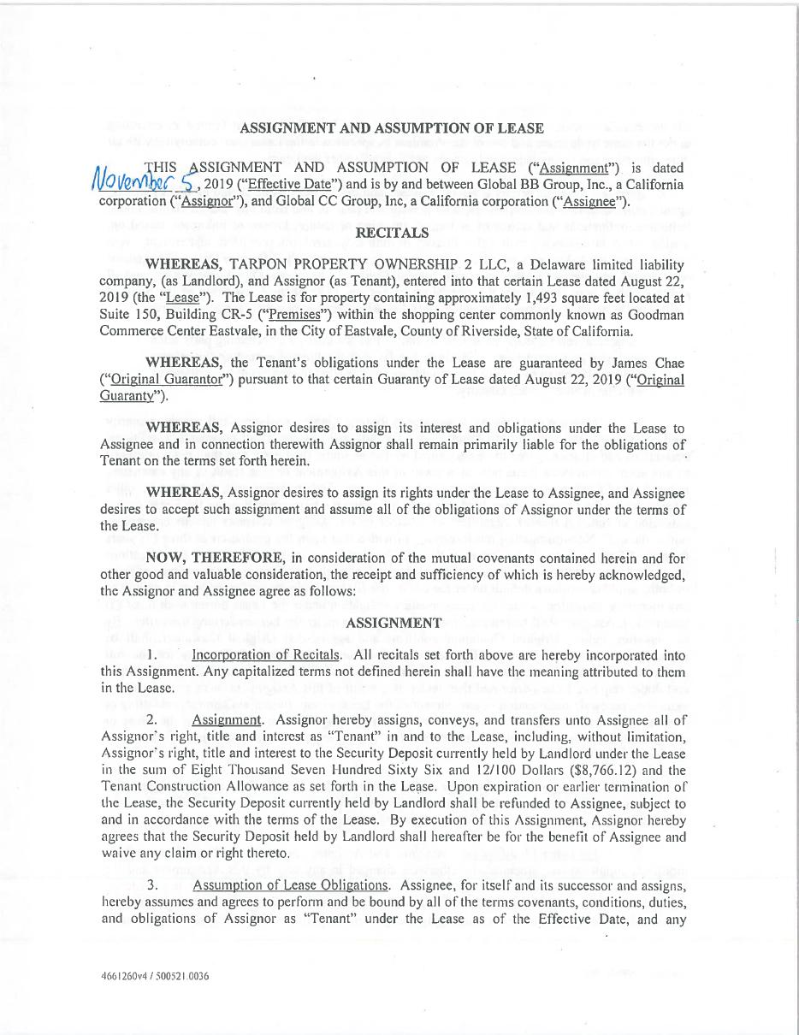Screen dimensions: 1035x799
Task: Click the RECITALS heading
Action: tap(392, 233)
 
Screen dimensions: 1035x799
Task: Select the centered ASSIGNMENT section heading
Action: tap(394, 624)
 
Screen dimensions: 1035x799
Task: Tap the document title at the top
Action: tap(392, 128)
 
